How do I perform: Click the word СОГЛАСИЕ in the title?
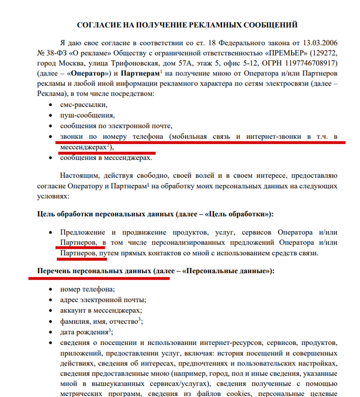(100, 25)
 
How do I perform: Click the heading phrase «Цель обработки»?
(244, 213)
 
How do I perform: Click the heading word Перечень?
(55, 270)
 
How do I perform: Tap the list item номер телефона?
(87, 290)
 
